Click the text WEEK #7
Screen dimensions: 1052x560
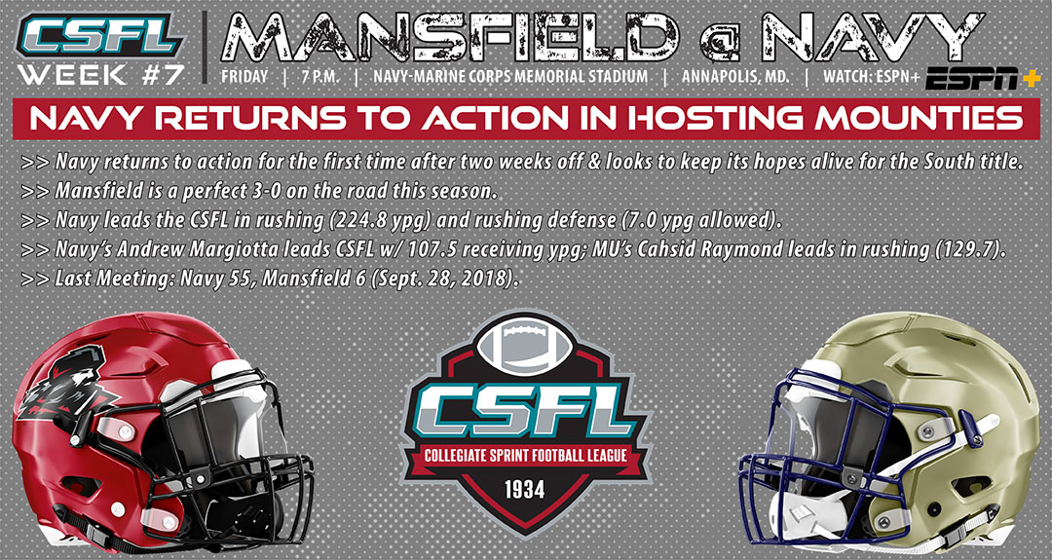pyautogui.click(x=100, y=74)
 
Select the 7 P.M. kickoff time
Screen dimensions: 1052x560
pyautogui.click(x=321, y=77)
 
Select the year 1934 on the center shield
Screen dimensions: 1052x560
pyautogui.click(x=525, y=489)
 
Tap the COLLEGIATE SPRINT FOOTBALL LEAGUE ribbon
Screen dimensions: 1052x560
pyautogui.click(x=525, y=457)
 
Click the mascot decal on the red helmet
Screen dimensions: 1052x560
pyautogui.click(x=61, y=386)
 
